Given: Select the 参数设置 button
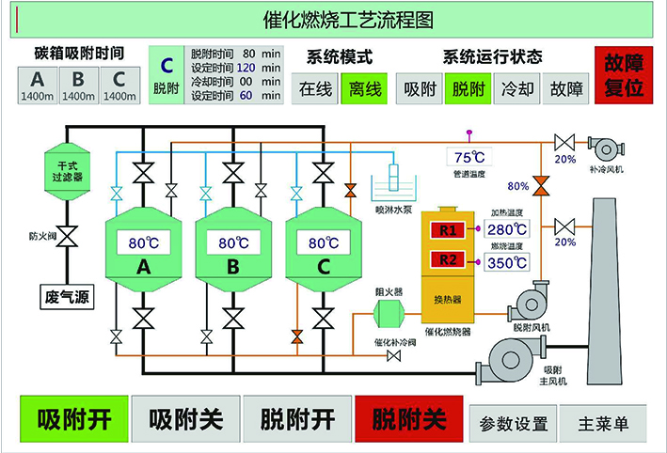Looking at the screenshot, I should pos(513,423).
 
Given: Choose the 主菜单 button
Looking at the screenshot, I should pos(602,423).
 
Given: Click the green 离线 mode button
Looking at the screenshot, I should pos(364,90).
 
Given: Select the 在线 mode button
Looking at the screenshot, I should pos(316,90).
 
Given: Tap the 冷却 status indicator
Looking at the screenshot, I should pos(516,90).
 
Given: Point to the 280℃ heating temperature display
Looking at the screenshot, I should pos(506,228).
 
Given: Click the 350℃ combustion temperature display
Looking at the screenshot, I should pos(506,261).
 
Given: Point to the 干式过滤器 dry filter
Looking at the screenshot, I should pos(66,170).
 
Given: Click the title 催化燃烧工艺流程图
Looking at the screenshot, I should pos(333,18).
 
